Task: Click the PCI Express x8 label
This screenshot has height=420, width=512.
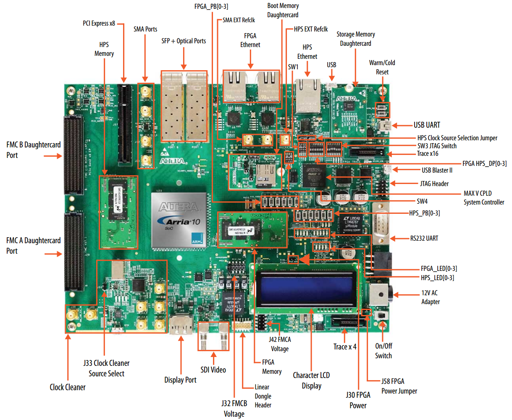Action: [99, 24]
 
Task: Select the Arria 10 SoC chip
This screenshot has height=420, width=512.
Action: [179, 220]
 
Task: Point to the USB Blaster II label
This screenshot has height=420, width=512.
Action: [437, 170]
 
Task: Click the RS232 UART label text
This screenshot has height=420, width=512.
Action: [424, 239]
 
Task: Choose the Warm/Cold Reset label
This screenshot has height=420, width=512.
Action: [382, 67]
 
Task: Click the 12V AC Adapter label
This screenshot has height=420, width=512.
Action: [430, 297]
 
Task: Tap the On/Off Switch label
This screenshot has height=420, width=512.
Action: [383, 351]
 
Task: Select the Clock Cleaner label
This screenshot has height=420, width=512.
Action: [68, 387]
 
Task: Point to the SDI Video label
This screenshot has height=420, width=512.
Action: [213, 370]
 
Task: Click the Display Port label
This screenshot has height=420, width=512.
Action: [180, 380]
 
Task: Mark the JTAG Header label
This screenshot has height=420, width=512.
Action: [434, 184]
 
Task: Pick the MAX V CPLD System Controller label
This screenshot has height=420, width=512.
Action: [483, 198]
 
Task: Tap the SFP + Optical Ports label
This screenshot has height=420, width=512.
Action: [184, 41]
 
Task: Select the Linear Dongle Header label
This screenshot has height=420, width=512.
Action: [263, 396]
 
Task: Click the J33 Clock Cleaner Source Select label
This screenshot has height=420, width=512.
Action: [106, 368]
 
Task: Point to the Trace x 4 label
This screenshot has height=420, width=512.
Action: [345, 347]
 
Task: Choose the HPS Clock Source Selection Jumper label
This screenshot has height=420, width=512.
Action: [457, 138]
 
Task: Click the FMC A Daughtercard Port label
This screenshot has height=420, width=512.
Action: [34, 245]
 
